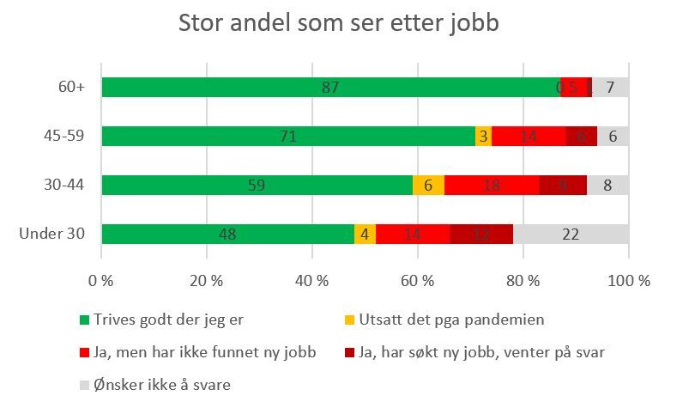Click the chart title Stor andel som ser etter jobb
point(338,24)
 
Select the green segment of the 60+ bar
point(330,87)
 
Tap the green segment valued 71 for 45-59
point(288,136)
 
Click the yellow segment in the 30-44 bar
point(428,185)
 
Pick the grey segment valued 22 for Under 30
point(571,234)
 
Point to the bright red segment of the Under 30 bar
point(413,234)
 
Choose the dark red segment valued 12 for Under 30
point(481,234)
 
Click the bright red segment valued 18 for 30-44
point(492,185)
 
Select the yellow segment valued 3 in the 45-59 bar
point(483,136)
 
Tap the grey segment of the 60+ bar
point(610,87)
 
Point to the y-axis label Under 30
point(54,234)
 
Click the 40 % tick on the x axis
point(312,280)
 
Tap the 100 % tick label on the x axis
point(629,280)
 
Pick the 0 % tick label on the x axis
point(101,280)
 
